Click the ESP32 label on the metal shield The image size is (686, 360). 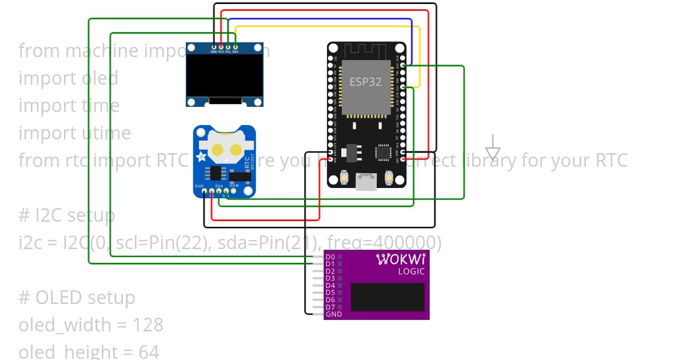click(x=365, y=82)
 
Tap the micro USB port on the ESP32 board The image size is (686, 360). click(x=366, y=182)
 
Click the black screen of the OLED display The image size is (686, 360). click(x=225, y=74)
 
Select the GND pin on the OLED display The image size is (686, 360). click(x=214, y=46)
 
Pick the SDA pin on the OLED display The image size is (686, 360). click(x=235, y=46)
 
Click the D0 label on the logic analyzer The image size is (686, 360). click(x=330, y=257)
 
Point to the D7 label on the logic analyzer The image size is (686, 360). click(x=330, y=307)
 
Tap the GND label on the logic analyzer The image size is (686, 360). click(x=333, y=314)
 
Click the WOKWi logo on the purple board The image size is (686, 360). click(x=400, y=259)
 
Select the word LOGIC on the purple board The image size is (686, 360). click(x=412, y=271)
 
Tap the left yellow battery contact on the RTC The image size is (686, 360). click(x=218, y=150)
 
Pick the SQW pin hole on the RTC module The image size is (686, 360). click(x=234, y=191)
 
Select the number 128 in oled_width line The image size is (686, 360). click(x=148, y=325)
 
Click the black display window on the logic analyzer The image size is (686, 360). click(x=388, y=297)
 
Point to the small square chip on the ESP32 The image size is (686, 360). click(x=382, y=151)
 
